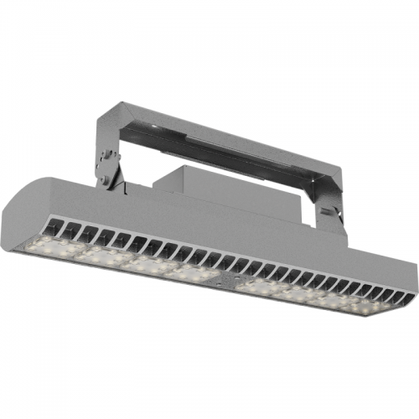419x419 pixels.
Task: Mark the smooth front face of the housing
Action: pos(209,226)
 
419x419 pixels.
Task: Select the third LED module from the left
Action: pos(147,263)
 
